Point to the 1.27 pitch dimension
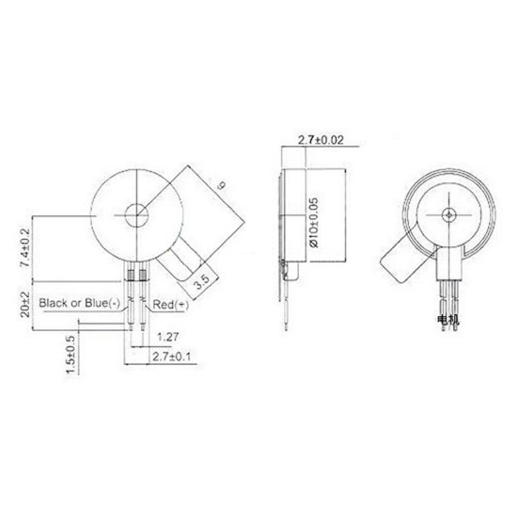[167, 337]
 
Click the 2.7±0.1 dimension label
[171, 356]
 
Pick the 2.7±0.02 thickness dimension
[320, 140]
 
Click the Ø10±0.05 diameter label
[314, 222]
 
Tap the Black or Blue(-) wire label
[79, 303]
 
